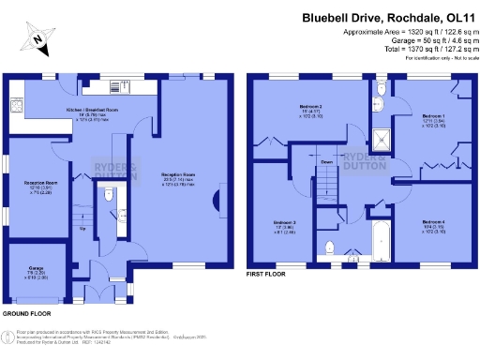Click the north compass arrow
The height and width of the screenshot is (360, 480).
coord(36,40)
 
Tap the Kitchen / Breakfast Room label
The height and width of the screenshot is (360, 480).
coord(92,111)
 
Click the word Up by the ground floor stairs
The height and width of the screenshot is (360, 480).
coord(82,228)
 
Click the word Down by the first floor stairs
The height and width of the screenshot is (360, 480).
coord(327,162)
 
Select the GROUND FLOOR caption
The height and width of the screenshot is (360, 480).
coord(27,312)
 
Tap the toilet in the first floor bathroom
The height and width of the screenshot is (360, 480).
coord(329,247)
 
